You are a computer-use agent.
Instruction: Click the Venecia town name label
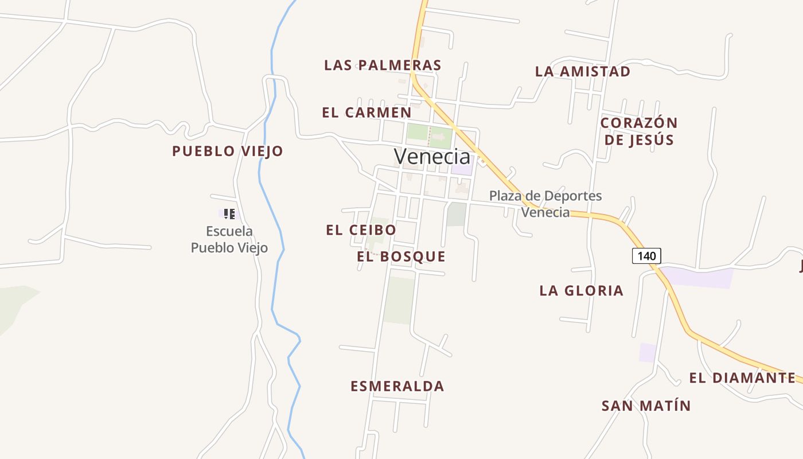point(432,156)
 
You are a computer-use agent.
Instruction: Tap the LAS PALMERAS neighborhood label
point(383,65)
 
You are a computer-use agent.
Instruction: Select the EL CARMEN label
point(367,112)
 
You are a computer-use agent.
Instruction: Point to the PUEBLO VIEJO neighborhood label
point(228,151)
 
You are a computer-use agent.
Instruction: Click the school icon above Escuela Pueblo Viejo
point(229,214)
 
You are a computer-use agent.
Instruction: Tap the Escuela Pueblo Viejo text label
point(229,240)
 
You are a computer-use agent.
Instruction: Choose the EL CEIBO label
point(361,230)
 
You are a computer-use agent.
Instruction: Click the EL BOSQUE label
point(401,256)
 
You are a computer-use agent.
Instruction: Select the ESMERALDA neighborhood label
point(397,386)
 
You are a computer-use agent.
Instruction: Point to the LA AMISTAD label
point(583,72)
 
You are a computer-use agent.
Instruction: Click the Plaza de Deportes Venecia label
point(545,204)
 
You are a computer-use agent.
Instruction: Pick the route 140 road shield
point(646,255)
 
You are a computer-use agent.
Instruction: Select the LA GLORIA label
point(581,291)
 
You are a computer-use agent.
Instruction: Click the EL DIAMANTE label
point(742,378)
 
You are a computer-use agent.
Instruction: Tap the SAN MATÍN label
point(646,406)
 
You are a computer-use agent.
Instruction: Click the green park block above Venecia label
point(418,133)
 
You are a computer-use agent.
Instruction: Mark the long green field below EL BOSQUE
point(400,300)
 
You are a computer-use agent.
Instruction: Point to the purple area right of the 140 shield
point(700,278)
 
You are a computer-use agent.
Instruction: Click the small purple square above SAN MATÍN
point(648,352)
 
